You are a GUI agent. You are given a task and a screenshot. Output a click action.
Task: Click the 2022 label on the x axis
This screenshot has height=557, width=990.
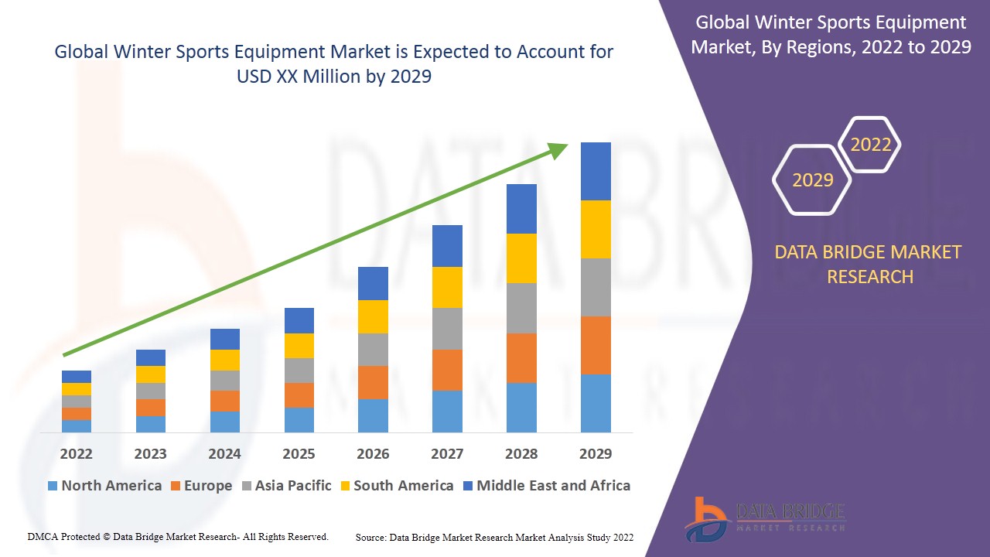coord(76,453)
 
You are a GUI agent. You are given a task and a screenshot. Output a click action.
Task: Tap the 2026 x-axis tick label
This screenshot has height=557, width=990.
coord(373,453)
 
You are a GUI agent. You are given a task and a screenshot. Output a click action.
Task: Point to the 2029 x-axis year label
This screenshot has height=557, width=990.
coord(596,453)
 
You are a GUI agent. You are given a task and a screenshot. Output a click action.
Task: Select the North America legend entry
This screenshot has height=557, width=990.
coord(104,486)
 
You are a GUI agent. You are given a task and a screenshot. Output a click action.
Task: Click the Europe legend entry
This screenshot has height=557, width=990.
coord(200,486)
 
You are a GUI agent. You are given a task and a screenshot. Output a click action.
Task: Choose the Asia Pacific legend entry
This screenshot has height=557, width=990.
coord(286,486)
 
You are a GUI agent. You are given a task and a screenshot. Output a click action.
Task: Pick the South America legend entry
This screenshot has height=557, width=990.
coord(396,486)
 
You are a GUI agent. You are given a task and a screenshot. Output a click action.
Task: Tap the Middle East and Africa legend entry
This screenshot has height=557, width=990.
coord(546,486)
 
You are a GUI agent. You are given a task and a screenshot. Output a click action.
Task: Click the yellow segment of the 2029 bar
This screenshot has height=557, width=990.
coord(596,229)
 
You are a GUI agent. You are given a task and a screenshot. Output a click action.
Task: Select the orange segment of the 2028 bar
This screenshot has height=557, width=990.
coord(521,357)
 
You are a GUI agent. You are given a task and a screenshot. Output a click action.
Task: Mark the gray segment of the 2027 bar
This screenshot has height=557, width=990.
coord(447,329)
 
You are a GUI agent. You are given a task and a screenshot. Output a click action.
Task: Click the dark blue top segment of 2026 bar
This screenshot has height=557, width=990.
coord(373,283)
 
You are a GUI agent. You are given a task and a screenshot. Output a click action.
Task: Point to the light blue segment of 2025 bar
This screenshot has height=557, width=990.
coord(299,419)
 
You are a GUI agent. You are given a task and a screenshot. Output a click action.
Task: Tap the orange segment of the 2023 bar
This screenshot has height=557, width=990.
coord(151,408)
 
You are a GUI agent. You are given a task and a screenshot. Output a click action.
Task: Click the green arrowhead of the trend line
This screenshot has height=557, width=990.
coord(558,149)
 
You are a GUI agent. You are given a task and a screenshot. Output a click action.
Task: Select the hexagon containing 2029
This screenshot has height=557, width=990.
coord(812,180)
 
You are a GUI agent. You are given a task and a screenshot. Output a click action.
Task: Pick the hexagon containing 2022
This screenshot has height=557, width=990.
coord(870,145)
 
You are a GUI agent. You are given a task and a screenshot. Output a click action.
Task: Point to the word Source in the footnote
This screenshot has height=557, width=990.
coord(370,537)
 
